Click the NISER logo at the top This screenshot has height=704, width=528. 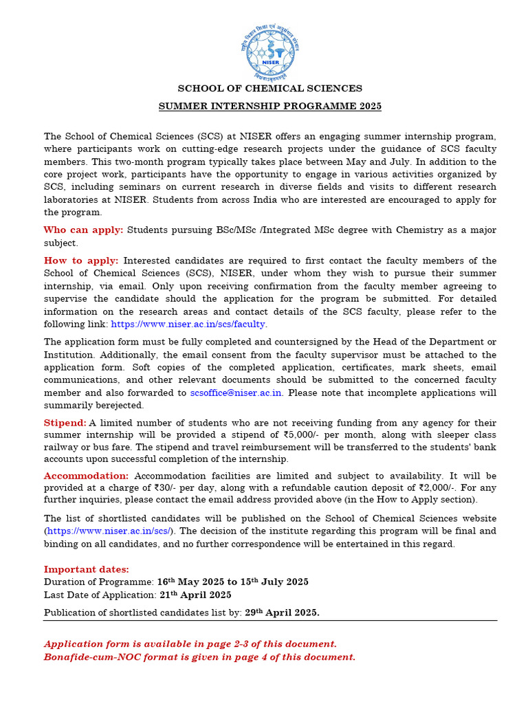[x=269, y=52]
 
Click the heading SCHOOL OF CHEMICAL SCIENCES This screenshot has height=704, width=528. [x=269, y=89]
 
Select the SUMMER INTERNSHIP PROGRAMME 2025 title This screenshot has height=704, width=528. [x=269, y=107]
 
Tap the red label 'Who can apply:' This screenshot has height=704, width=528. [x=83, y=230]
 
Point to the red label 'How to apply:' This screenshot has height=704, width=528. [x=81, y=261]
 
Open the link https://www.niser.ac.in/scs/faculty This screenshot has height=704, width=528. [x=188, y=324]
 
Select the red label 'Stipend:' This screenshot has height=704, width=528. [x=65, y=423]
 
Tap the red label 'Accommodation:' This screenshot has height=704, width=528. [x=86, y=476]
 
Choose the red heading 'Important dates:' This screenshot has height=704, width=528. [x=86, y=569]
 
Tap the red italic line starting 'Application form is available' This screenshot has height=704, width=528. [x=190, y=644]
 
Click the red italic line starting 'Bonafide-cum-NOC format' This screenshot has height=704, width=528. [x=199, y=657]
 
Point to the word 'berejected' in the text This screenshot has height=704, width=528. [x=120, y=406]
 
